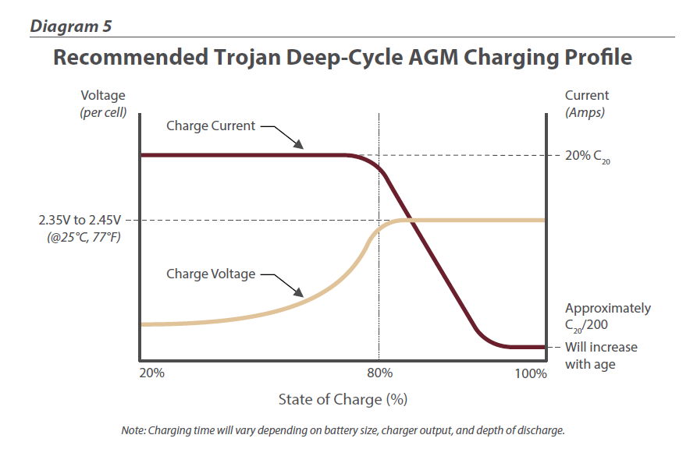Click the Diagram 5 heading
tap(70, 26)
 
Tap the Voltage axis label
tap(102, 95)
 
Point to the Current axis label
tap(587, 95)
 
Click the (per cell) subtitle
tap(102, 111)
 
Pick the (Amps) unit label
tap(585, 111)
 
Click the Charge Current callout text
tap(211, 126)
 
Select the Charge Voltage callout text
tap(211, 274)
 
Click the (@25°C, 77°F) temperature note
tap(85, 236)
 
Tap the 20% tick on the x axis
tap(151, 373)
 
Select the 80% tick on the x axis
tap(379, 373)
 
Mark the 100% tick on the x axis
tap(532, 373)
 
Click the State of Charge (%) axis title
tap(343, 400)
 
